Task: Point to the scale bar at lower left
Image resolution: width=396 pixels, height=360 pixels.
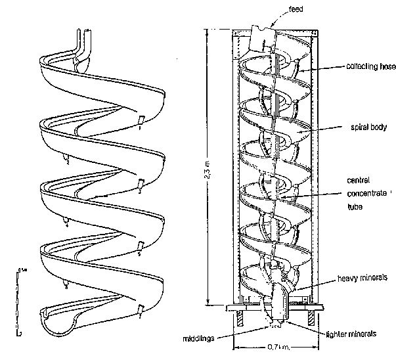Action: tap(20, 299)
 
